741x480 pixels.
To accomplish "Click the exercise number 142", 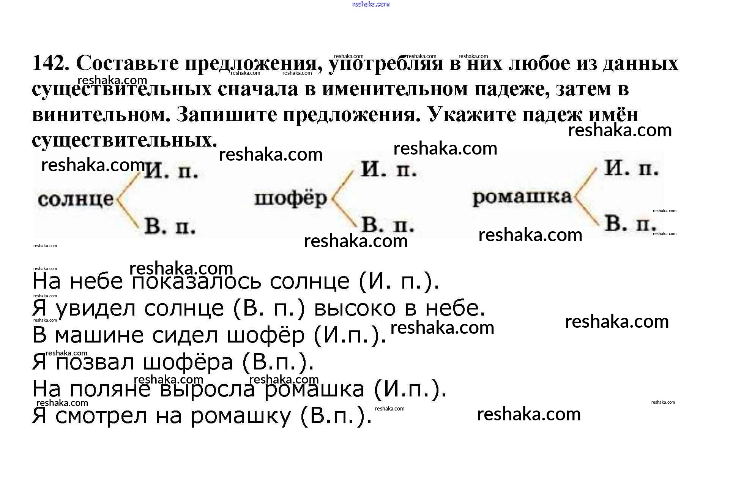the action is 50,63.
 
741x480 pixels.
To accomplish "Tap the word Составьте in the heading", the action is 127,63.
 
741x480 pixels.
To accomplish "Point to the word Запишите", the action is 227,114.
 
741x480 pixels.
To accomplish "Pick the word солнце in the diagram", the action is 76,199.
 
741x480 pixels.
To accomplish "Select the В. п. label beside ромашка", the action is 631,224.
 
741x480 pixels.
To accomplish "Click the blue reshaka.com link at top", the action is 370,4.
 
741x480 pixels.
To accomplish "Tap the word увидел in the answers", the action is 95,308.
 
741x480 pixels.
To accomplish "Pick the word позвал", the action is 95,362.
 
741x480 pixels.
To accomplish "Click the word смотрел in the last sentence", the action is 101,416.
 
